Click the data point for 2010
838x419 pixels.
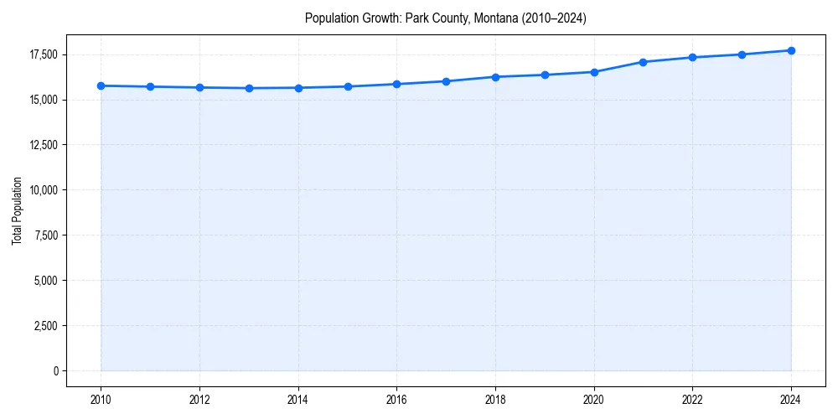point(101,85)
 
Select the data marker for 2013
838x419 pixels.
point(249,88)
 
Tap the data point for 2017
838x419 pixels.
point(446,81)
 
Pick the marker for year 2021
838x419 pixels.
point(643,62)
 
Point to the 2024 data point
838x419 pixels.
point(791,50)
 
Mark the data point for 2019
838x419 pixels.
point(545,75)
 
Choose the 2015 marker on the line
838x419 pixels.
point(348,86)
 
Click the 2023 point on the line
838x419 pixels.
point(742,54)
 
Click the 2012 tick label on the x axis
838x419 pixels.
point(199,399)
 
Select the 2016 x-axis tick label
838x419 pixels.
point(396,399)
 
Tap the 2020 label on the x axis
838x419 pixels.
point(594,399)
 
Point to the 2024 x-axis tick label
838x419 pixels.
point(791,399)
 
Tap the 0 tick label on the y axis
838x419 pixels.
point(55,370)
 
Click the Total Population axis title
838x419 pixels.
point(17,210)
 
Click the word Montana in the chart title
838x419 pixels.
point(496,18)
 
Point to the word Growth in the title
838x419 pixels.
point(378,18)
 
